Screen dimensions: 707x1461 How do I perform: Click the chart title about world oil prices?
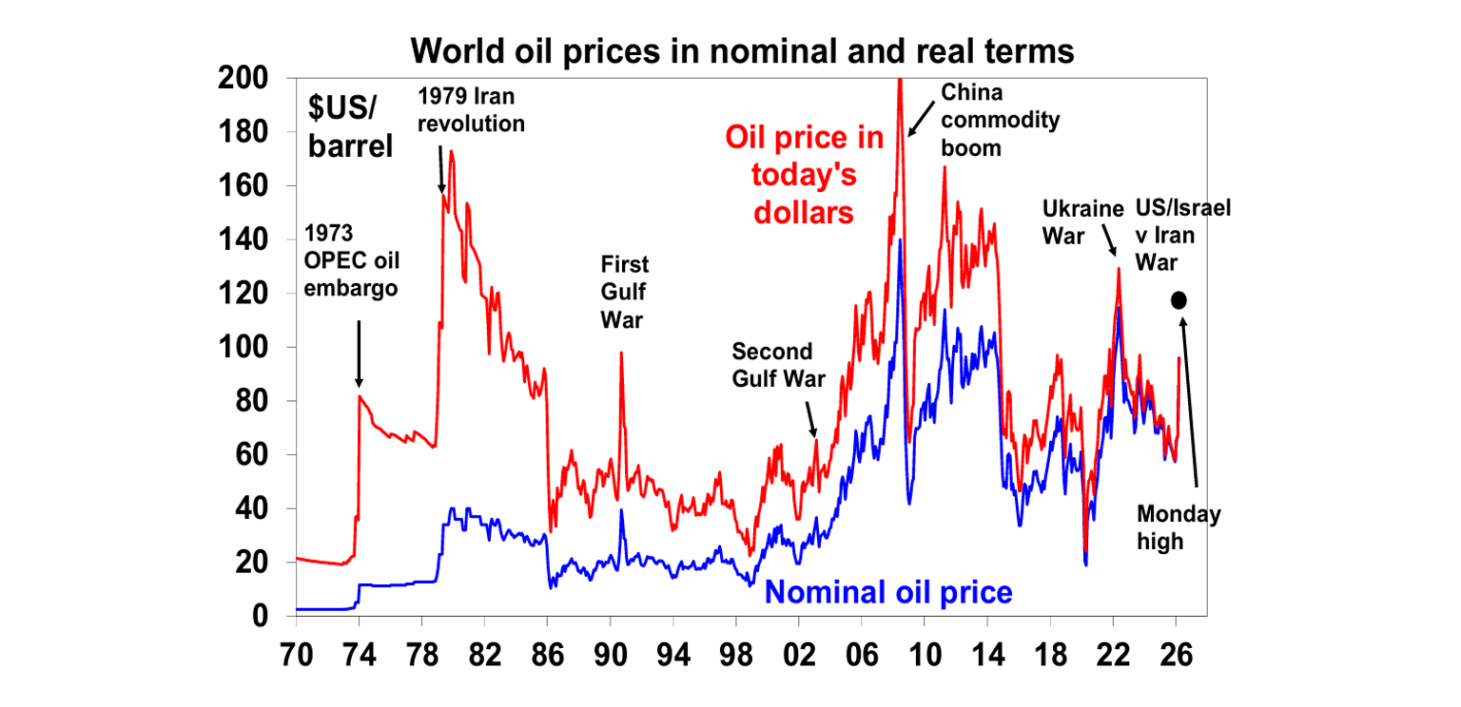(x=742, y=50)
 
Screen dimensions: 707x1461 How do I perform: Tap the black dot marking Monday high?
(x=1179, y=299)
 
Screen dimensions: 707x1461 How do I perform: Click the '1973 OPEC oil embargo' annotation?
(x=351, y=260)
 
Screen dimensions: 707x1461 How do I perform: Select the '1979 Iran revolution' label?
(x=472, y=109)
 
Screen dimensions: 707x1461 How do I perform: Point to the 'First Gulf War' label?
(x=624, y=292)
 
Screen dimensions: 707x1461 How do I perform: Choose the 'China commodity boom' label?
(x=986, y=120)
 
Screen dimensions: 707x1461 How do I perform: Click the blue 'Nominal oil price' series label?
(x=888, y=592)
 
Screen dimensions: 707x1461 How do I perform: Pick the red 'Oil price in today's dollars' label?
(x=805, y=175)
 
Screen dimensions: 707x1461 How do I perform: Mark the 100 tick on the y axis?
(x=244, y=347)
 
